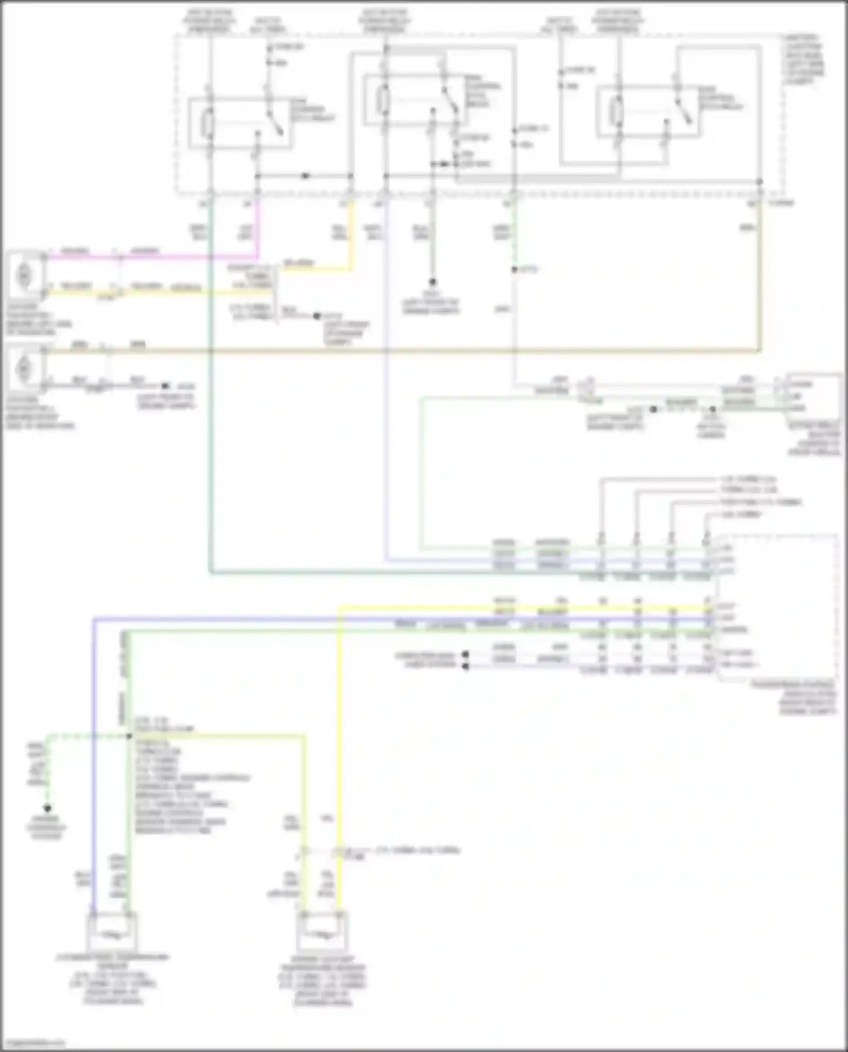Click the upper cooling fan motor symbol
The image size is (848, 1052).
coord(24,275)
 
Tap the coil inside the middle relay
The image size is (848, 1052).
coord(384,100)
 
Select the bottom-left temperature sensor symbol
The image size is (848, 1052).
coord(112,934)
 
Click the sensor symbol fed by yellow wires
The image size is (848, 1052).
coord(322,934)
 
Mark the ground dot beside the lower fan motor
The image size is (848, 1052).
coord(165,386)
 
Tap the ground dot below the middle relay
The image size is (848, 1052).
coord(432,281)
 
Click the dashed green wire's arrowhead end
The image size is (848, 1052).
coord(47,808)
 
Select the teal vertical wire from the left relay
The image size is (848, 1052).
coord(210,396)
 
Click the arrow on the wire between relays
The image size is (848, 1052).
coord(305,176)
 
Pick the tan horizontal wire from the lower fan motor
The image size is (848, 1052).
coord(396,351)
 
